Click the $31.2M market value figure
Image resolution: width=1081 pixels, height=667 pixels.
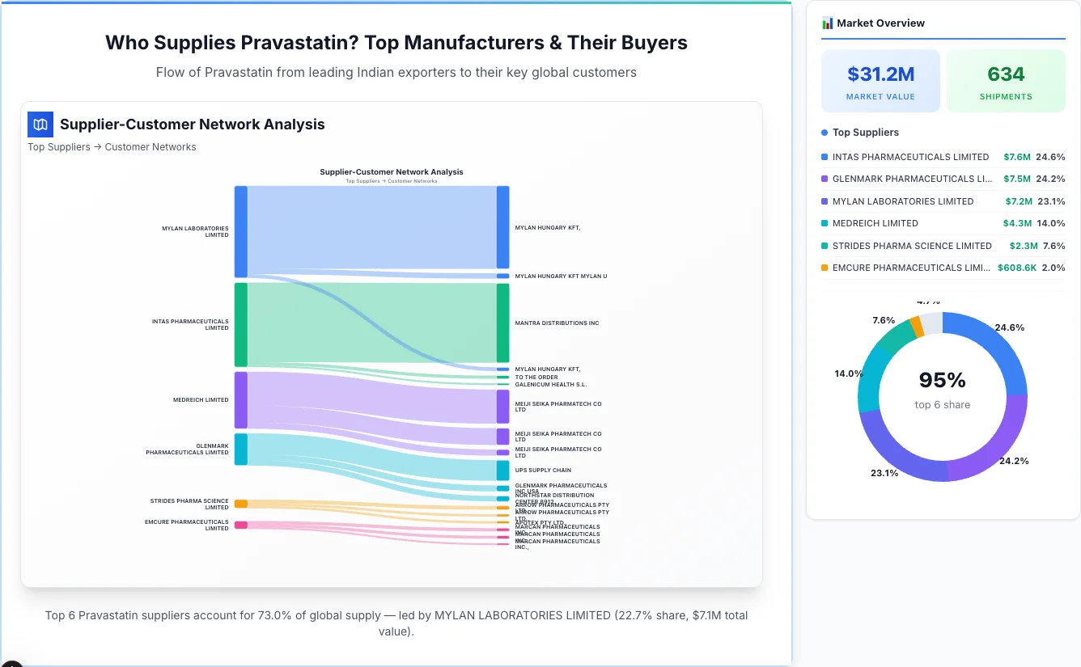(x=880, y=74)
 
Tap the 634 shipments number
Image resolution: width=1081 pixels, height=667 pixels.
(x=1006, y=74)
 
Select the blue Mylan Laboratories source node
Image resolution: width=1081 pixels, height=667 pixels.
(x=240, y=231)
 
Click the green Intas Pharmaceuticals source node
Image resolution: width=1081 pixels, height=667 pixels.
(x=240, y=324)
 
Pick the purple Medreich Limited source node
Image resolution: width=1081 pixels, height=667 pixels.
(x=240, y=399)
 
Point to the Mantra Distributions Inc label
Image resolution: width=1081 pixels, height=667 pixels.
(x=557, y=323)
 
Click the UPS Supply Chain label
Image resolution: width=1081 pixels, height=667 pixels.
(x=543, y=470)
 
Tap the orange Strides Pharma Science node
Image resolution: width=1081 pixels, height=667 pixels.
(x=240, y=504)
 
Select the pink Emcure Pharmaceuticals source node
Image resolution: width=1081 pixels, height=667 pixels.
(x=240, y=525)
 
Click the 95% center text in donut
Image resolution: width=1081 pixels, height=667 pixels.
(x=942, y=380)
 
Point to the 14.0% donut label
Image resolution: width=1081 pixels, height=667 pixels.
(x=848, y=374)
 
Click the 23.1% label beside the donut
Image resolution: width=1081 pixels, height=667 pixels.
(x=884, y=473)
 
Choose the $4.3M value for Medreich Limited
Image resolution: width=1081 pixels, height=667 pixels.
(x=1017, y=223)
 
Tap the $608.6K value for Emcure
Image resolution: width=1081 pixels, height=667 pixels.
(x=1016, y=268)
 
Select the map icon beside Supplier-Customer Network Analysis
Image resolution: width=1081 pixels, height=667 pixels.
(x=40, y=125)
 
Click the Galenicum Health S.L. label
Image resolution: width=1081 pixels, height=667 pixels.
(x=550, y=385)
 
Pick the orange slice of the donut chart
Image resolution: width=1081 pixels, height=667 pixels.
(x=916, y=326)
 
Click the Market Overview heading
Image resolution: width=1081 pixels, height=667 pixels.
(x=880, y=23)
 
